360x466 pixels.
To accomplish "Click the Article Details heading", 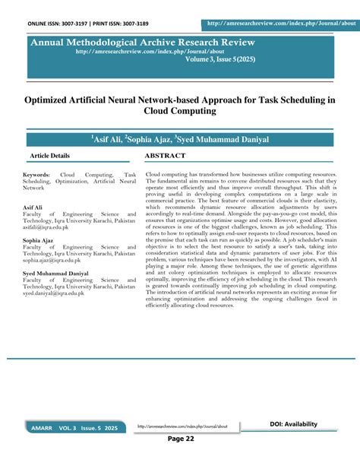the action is (x=49, y=155).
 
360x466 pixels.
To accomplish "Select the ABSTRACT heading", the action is (x=165, y=155).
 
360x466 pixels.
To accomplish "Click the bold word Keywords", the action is (x=36, y=174).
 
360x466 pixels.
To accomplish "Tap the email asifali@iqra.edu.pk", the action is (x=48, y=227).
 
